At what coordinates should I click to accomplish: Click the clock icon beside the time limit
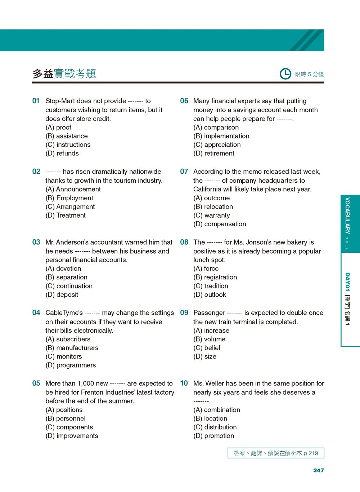[285, 74]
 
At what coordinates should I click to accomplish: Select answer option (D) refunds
[62, 153]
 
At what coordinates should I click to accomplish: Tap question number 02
[36, 172]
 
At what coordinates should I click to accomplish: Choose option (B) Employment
[69, 198]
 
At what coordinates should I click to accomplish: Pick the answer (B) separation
[66, 277]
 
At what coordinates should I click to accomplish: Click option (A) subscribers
[68, 339]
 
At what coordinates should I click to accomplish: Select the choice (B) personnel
[66, 418]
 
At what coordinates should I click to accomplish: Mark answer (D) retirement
[213, 153]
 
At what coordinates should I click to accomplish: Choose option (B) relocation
[213, 206]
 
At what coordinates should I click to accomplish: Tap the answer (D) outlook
[210, 295]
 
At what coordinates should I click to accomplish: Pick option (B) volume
[209, 339]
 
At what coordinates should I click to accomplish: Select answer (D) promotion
[213, 436]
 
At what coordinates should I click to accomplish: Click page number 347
[318, 470]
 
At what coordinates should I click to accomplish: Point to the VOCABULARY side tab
[347, 223]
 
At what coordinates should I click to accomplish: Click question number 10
[184, 383]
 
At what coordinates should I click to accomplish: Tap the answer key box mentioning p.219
[276, 453]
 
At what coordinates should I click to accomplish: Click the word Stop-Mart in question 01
[61, 101]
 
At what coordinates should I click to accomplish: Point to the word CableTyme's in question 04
[64, 313]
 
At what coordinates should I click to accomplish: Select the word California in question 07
[209, 189]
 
